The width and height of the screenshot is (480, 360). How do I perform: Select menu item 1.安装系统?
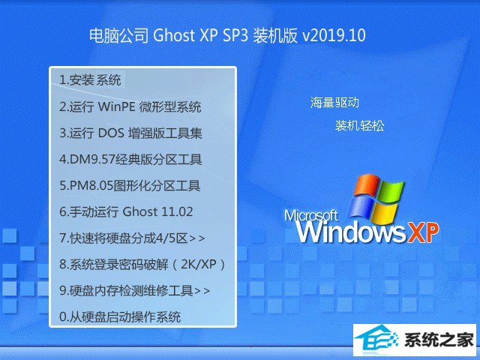[x=90, y=80]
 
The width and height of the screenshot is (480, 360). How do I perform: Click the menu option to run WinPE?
[x=130, y=106]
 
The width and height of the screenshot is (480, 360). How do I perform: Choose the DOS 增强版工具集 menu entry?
[x=130, y=133]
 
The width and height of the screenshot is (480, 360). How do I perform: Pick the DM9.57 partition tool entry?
[x=130, y=160]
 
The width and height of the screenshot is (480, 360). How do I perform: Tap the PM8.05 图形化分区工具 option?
[x=130, y=186]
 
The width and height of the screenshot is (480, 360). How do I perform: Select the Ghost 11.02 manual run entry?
[x=126, y=211]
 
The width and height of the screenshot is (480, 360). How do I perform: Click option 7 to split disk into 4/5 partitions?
[x=132, y=238]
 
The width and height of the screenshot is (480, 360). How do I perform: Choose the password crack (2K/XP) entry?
[x=142, y=265]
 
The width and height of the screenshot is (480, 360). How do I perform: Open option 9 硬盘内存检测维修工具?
[x=135, y=290]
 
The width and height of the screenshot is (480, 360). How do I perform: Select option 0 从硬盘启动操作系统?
[x=120, y=316]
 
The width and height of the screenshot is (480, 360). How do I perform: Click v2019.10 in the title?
[x=334, y=35]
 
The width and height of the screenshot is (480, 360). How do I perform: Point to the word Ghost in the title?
[x=174, y=35]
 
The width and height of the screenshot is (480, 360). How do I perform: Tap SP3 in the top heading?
[x=235, y=35]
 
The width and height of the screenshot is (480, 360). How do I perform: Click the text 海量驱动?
[x=334, y=102]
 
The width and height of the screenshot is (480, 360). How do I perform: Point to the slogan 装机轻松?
[x=359, y=125]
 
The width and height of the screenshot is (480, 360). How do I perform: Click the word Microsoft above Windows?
[x=311, y=215]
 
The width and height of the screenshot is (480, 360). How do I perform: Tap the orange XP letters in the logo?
[x=422, y=233]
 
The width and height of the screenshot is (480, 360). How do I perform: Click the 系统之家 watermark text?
[x=439, y=340]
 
